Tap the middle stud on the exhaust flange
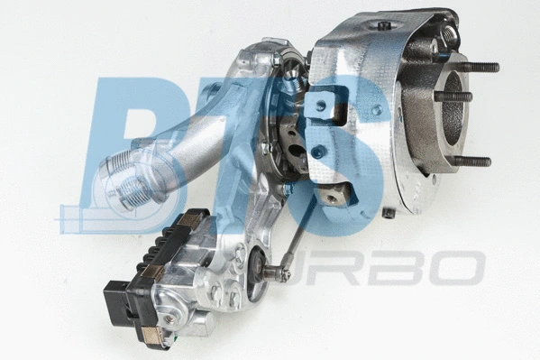click(x=453, y=97)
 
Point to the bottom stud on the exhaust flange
click(x=471, y=162)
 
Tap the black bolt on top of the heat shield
click(x=383, y=25)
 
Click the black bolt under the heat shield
click(x=388, y=212)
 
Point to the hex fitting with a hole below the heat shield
click(x=333, y=198)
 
